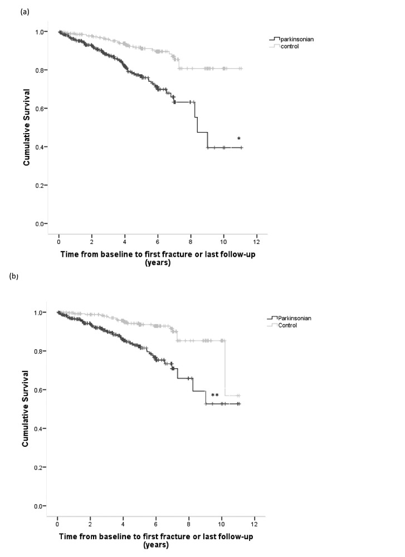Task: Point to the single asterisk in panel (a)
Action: [x=239, y=139]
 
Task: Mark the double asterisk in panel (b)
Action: [x=214, y=396]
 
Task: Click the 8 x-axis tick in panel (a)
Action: [x=191, y=243]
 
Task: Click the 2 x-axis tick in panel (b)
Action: [x=90, y=525]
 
